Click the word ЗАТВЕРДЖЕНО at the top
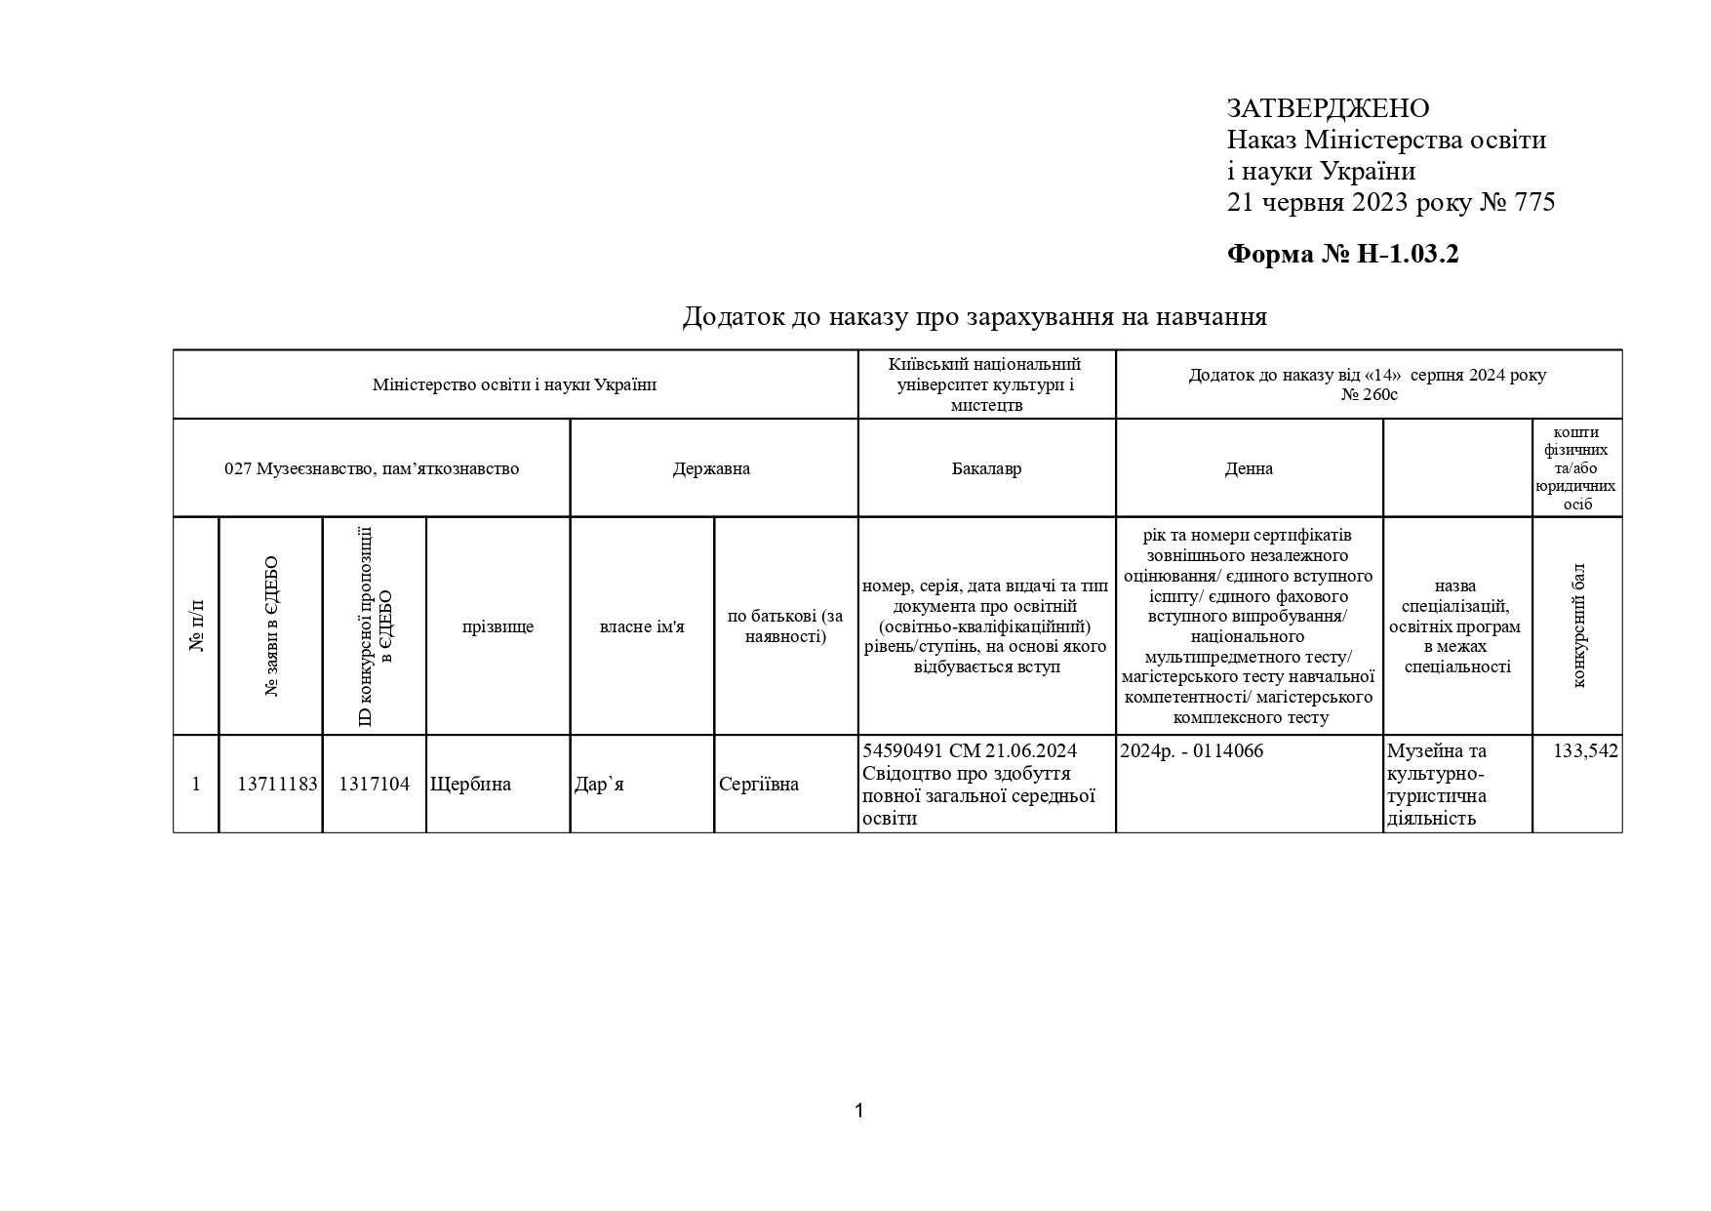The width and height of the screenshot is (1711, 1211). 1328,108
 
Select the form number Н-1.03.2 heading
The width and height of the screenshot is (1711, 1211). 1342,255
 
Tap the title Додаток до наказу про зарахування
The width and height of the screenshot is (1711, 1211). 974,317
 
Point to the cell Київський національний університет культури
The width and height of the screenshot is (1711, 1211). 985,384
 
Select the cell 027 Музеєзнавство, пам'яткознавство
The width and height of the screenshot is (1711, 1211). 372,468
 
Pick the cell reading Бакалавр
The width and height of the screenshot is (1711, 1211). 986,468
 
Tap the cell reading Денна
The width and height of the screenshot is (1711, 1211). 1249,468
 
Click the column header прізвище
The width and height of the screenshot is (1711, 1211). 497,626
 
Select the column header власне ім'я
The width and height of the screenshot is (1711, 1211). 642,626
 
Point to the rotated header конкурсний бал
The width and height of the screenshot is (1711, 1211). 1578,626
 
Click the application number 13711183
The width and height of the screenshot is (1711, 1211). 277,785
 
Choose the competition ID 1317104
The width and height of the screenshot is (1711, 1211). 375,785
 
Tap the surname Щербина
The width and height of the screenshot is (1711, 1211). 470,785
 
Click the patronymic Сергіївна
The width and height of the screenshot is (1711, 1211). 758,785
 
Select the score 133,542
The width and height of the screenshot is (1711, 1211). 1585,751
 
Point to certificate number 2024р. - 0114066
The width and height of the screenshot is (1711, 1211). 1191,751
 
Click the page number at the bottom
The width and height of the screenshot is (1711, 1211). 858,1110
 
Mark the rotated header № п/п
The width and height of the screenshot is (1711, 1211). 196,626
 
